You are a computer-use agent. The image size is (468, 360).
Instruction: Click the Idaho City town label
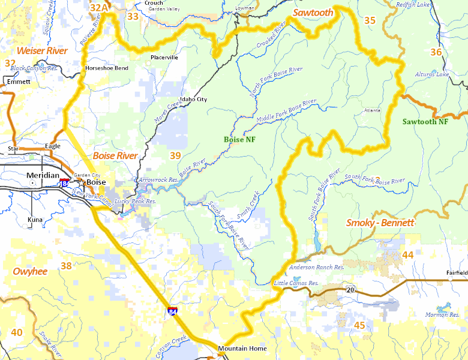click(x=193, y=99)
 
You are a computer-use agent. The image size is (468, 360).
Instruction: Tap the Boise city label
click(x=96, y=182)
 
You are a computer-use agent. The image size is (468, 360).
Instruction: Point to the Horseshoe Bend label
click(x=107, y=68)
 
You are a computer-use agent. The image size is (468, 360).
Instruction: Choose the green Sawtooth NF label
click(x=425, y=121)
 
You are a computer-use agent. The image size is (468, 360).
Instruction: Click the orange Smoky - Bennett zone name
click(x=380, y=223)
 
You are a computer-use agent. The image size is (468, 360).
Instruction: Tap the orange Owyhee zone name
click(x=30, y=271)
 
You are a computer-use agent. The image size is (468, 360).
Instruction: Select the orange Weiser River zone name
click(x=42, y=50)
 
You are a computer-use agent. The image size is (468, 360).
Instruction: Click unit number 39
click(x=175, y=156)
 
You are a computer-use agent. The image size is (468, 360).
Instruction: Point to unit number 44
click(x=408, y=255)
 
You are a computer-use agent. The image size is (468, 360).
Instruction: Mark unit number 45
click(x=360, y=325)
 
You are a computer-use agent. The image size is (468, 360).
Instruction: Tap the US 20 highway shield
click(x=349, y=290)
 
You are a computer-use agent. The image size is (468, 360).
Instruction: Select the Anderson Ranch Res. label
click(x=316, y=268)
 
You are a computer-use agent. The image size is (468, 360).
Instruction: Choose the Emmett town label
click(x=20, y=81)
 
